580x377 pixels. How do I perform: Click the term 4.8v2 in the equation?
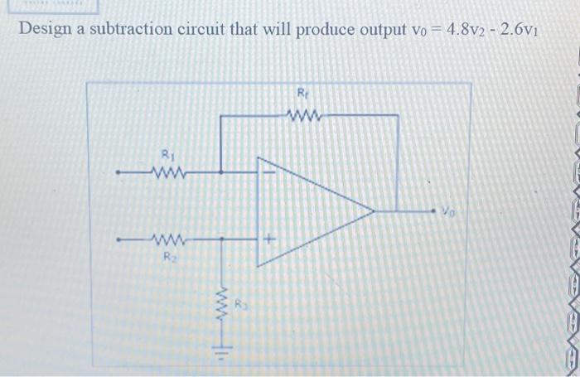(x=472, y=30)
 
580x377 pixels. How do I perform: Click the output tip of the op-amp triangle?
(x=372, y=210)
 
